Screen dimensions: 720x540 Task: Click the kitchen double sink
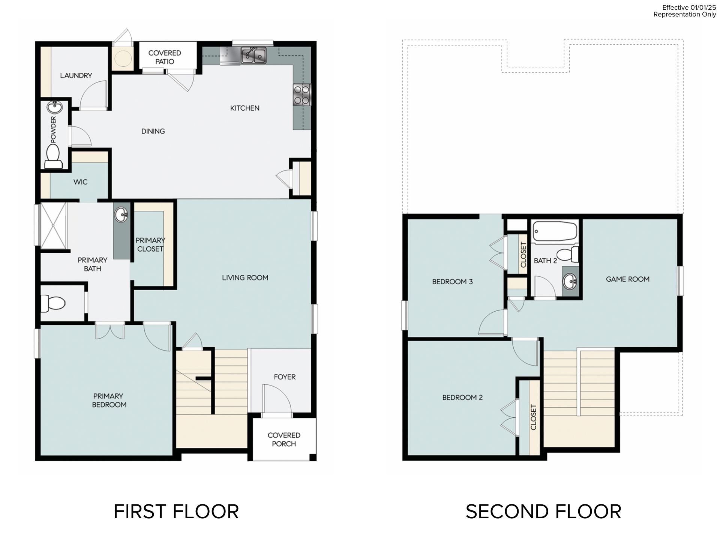coord(253,55)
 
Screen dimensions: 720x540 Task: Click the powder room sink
coord(55,107)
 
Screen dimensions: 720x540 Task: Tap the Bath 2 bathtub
coord(555,232)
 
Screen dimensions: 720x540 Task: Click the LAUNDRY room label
coord(76,75)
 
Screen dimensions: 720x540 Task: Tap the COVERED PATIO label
coord(165,57)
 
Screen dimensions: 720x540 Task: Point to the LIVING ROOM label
coord(245,277)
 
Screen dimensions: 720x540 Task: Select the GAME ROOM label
coord(628,279)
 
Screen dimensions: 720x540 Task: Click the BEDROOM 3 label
coord(452,282)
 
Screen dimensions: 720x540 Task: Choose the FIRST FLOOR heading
coord(176,511)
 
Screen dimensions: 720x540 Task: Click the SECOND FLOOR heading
coord(543,511)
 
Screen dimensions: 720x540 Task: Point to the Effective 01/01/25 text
coord(689,7)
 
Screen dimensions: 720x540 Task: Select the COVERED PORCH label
coord(284,439)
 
